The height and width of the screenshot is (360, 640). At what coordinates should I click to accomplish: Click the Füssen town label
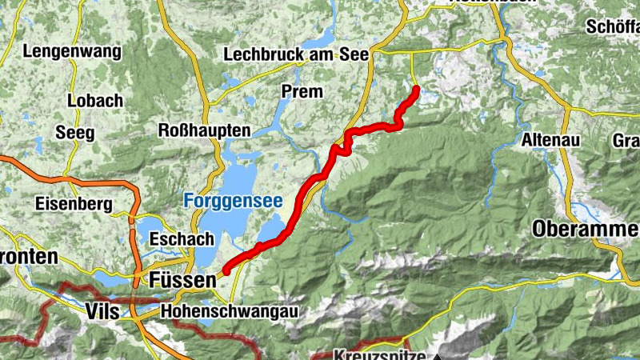tap(182, 281)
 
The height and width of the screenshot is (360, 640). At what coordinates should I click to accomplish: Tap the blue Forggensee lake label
tap(233, 202)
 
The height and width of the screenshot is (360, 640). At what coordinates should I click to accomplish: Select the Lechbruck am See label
tap(295, 54)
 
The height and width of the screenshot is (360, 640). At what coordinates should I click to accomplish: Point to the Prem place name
tap(302, 91)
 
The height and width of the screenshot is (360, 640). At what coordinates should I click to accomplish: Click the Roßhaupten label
tap(205, 130)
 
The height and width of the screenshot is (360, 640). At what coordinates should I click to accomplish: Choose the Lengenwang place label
tap(72, 52)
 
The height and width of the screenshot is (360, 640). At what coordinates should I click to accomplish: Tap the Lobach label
tap(95, 101)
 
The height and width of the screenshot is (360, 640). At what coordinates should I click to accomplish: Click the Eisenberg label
tap(74, 203)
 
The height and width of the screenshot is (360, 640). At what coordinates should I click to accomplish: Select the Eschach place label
tap(181, 238)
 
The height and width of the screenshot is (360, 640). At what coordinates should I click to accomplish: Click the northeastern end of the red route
tap(416, 89)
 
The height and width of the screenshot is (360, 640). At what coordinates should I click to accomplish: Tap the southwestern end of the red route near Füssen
tap(226, 271)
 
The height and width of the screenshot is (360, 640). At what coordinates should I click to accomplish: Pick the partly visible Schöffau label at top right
tap(612, 26)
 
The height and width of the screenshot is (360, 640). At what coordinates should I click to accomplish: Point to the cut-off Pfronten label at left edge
tap(29, 257)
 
